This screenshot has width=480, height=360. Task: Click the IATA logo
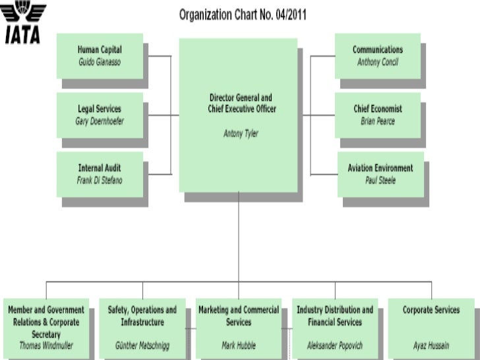tap(24, 23)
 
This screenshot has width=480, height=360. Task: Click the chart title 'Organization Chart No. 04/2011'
tap(243, 15)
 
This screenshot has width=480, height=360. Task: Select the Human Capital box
tap(100, 55)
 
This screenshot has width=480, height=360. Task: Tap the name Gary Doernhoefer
tap(100, 121)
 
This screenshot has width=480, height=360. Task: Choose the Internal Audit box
tap(100, 174)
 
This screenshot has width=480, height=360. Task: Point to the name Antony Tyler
tap(241, 133)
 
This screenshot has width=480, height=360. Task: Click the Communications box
tap(377, 55)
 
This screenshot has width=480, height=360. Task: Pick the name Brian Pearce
tap(377, 121)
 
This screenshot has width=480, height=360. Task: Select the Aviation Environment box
tap(380, 174)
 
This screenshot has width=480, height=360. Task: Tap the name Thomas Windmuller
tap(46, 345)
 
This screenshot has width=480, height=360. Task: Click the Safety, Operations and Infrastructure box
tap(142, 326)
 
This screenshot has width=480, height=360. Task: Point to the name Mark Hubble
tap(238, 345)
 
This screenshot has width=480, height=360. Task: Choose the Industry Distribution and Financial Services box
tap(334, 326)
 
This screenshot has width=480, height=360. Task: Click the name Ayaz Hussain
tap(431, 345)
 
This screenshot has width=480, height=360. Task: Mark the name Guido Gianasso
tap(100, 62)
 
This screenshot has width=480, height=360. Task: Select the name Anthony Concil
tap(377, 62)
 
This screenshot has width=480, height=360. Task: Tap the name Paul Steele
tap(380, 181)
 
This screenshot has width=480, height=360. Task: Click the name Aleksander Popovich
tap(334, 345)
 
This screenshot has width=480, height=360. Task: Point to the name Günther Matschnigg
tap(142, 345)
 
